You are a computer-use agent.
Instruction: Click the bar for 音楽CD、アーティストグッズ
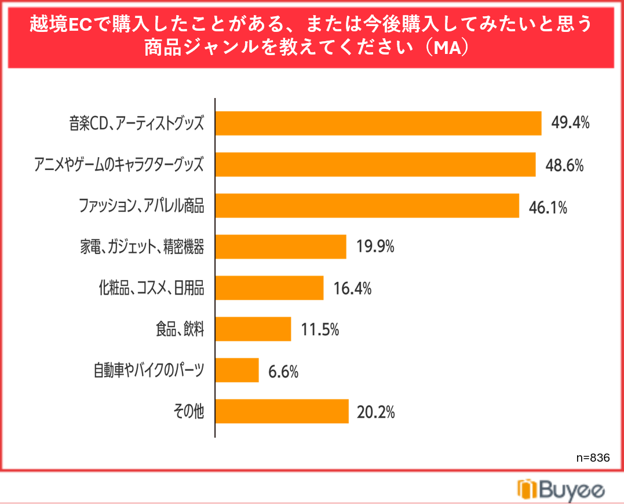coord(378,124)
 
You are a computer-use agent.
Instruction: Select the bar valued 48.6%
coord(375,165)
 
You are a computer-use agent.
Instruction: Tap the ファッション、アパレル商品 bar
coord(367,205)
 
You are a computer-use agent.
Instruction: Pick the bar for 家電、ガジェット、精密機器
coord(281,246)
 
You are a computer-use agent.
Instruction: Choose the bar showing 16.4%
coord(269,288)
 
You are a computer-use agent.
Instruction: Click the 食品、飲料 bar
coord(253,329)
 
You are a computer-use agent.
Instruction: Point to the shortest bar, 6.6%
coord(237,370)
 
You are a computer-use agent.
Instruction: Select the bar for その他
coord(282,411)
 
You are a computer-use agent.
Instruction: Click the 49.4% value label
coord(570,123)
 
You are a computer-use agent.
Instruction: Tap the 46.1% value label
coord(548,208)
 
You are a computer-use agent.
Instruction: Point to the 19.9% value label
coord(375,246)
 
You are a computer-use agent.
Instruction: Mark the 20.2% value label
coord(375,412)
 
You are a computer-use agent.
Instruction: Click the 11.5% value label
coord(320,330)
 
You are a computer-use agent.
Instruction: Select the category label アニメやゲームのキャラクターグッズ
coord(119,164)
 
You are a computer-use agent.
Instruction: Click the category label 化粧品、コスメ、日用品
coord(152,288)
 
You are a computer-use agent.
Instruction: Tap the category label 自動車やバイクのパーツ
coord(149,370)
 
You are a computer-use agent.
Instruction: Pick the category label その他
coord(189,411)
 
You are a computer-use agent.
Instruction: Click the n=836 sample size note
coord(593,458)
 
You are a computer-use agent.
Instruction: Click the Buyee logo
coord(561,490)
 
